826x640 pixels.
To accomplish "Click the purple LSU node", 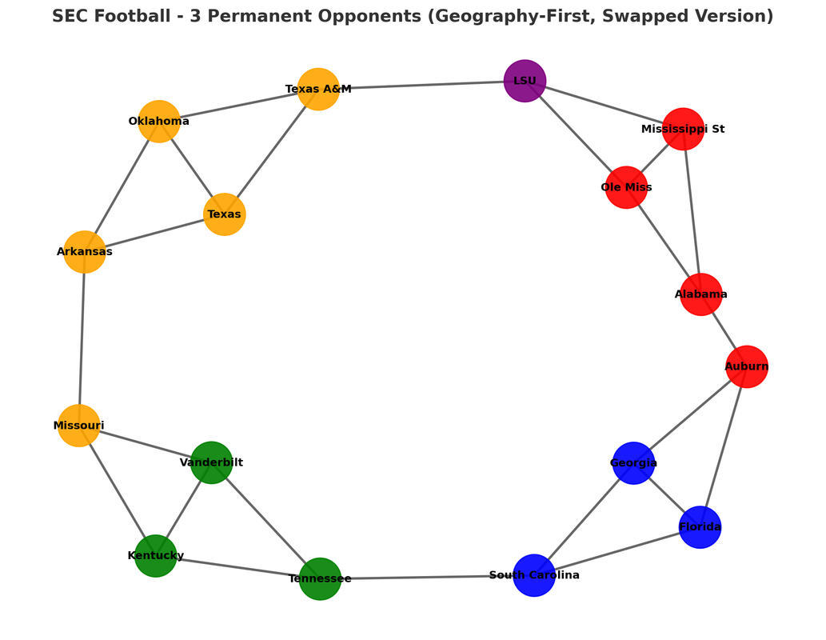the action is (x=525, y=81).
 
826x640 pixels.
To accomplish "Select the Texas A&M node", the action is (x=318, y=89).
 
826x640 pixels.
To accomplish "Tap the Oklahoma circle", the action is (x=159, y=122).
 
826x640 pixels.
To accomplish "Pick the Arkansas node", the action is (x=85, y=252).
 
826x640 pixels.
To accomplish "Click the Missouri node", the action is (x=79, y=426).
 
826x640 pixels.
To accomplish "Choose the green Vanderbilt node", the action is (x=211, y=462).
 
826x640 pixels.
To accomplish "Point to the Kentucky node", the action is (x=155, y=556).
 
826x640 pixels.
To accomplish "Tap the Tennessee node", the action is (x=320, y=578).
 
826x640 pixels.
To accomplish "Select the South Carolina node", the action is (x=534, y=575).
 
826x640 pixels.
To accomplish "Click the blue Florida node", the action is (x=700, y=527).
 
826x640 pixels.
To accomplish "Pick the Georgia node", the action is (x=634, y=463).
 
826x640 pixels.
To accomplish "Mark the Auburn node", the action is (x=747, y=366).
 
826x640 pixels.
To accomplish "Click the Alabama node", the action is (x=701, y=294).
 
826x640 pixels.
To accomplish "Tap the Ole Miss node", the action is (x=626, y=187).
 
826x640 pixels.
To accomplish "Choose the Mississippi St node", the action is (x=683, y=129).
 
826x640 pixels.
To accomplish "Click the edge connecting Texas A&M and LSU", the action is (x=421, y=85).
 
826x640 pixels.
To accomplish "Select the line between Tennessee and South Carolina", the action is (x=427, y=577).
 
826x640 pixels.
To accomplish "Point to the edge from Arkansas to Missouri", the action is (x=82, y=339).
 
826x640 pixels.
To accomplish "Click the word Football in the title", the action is (x=139, y=16).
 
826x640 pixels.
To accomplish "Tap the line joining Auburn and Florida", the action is (x=724, y=446).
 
